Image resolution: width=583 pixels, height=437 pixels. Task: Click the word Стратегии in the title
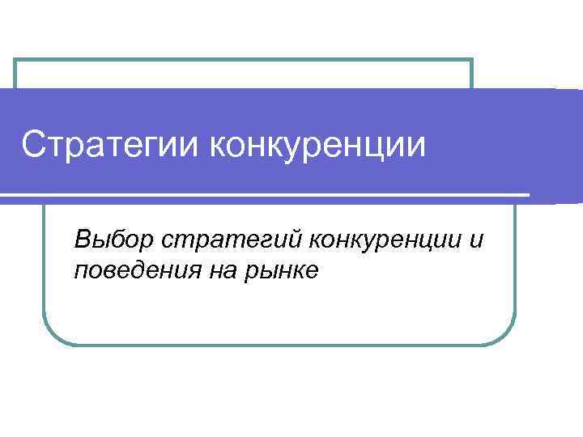click(110, 146)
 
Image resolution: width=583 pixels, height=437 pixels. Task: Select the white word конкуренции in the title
click(317, 146)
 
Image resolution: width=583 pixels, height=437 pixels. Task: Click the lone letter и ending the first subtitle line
click(476, 240)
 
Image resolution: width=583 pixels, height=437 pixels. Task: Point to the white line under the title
click(267, 196)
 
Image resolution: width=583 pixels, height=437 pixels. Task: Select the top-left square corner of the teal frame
click(16, 61)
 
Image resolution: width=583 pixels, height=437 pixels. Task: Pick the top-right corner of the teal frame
click(470, 61)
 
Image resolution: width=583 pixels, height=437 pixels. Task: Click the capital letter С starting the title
click(32, 146)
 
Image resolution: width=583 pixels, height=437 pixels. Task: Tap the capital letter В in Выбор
click(81, 240)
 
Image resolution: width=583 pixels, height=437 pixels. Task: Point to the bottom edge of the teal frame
click(279, 345)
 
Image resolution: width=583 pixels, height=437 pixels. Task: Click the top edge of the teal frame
click(243, 60)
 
